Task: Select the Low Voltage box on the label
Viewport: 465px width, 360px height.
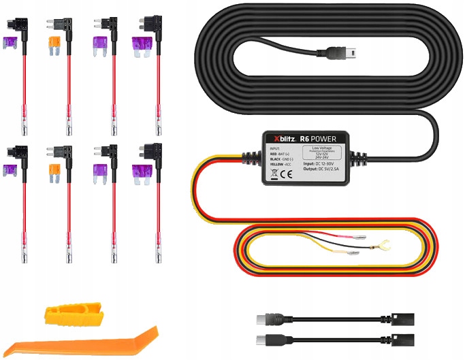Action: [x=327, y=152]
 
